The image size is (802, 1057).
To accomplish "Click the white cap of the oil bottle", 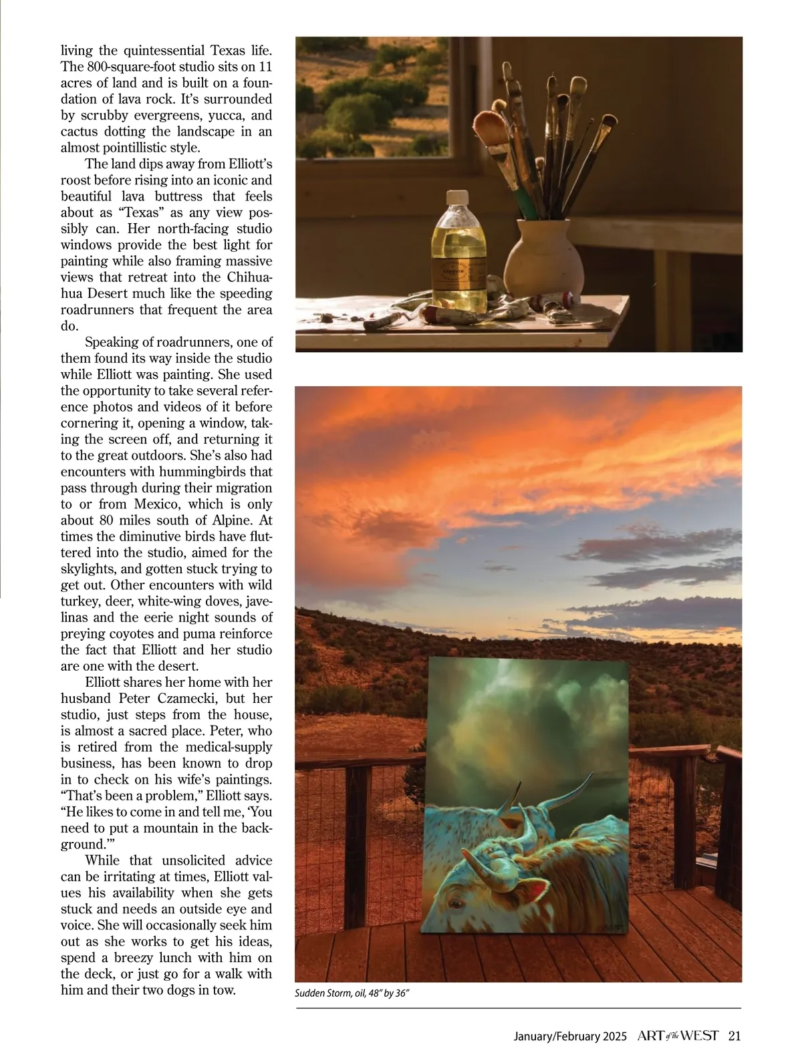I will (456, 197).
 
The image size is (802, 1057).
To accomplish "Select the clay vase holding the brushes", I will (543, 259).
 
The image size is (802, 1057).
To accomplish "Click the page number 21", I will (734, 1036).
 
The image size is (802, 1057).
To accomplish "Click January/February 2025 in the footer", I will (569, 1037).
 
